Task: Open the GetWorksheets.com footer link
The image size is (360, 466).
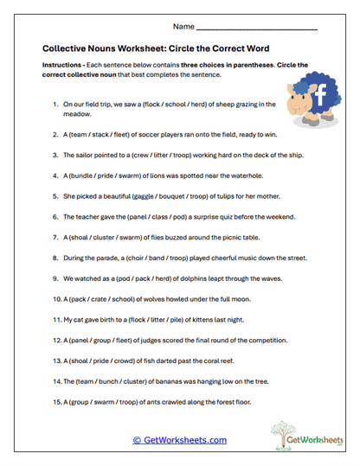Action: (179, 440)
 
